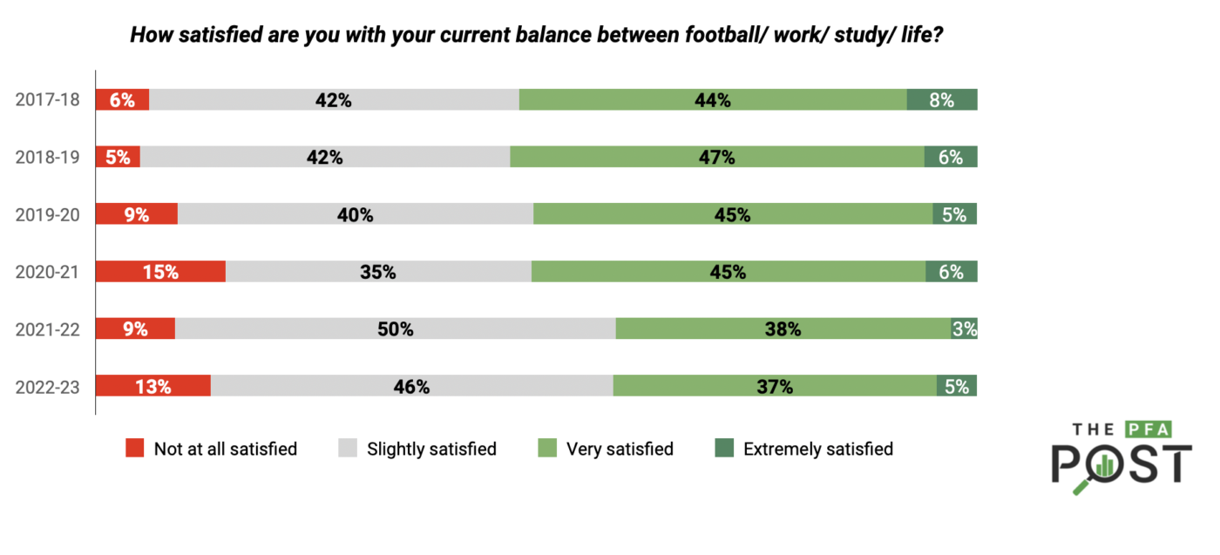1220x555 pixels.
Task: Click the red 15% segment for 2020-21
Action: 160,271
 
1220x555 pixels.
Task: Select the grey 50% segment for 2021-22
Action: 395,328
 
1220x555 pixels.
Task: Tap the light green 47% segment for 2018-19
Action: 716,157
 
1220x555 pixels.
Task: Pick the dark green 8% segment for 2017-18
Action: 941,99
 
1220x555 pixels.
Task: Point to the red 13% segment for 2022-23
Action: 152,386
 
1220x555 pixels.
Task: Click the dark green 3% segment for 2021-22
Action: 964,328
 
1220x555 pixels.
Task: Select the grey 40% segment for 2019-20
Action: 356,214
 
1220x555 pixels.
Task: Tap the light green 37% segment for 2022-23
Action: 774,386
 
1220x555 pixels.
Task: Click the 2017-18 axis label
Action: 48,99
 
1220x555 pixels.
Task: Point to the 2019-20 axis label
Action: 48,214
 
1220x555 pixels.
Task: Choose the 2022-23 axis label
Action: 48,386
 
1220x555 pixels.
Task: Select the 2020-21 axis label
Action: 48,271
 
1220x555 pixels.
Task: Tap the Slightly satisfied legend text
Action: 431,449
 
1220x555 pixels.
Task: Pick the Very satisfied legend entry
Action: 620,449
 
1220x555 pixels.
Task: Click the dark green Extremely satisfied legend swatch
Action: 723,449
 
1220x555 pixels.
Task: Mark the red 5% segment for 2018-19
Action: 118,157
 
